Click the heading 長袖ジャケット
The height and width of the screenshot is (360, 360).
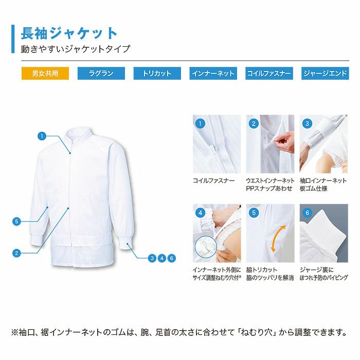[x=69, y=33]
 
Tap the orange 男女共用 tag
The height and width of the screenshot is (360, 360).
[x=45, y=74]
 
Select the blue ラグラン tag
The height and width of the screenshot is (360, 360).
[x=101, y=74]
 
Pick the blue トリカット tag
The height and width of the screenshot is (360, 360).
[x=157, y=74]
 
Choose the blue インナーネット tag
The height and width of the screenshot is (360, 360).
[x=213, y=74]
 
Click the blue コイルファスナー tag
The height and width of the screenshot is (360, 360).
[x=269, y=74]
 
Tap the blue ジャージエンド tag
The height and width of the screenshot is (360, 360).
[x=325, y=74]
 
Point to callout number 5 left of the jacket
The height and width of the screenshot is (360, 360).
[x=16, y=222]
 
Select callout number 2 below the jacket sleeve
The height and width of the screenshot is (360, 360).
[x=16, y=253]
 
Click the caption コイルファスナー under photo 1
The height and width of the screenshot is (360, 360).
[x=213, y=181]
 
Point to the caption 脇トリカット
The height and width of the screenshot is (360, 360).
[x=262, y=269]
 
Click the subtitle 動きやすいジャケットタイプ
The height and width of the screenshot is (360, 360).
[x=76, y=49]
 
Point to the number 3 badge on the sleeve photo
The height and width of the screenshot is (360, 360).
[x=308, y=123]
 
